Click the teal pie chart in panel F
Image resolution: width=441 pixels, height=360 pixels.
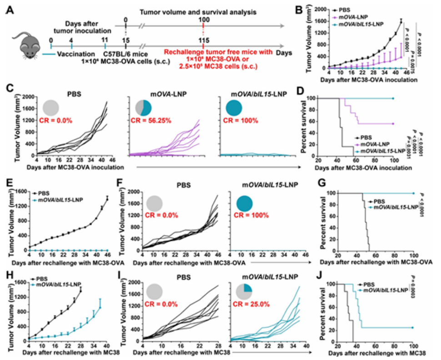249,202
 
